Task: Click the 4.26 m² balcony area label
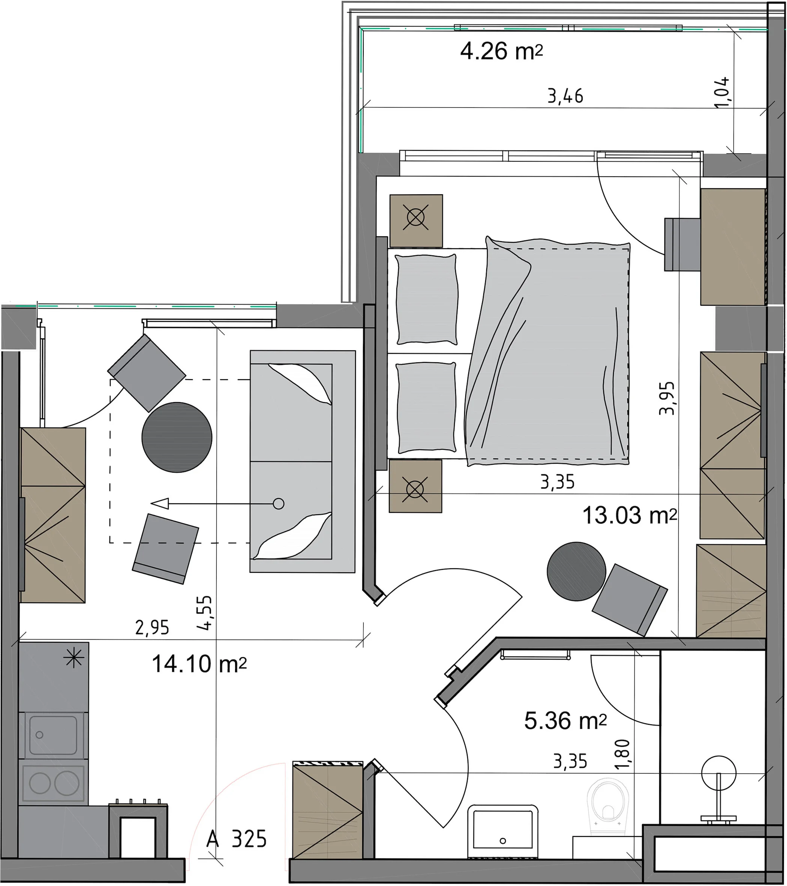501,52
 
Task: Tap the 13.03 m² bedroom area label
629,515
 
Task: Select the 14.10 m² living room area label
199,664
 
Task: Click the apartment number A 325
236,839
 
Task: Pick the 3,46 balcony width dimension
565,96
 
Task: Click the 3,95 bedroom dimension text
667,398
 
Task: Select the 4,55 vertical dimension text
204,613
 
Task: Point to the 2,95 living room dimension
152,628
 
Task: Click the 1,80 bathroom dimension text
622,754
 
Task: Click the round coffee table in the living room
177,437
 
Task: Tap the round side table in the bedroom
576,571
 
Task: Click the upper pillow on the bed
427,300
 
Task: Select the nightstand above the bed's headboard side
416,221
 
